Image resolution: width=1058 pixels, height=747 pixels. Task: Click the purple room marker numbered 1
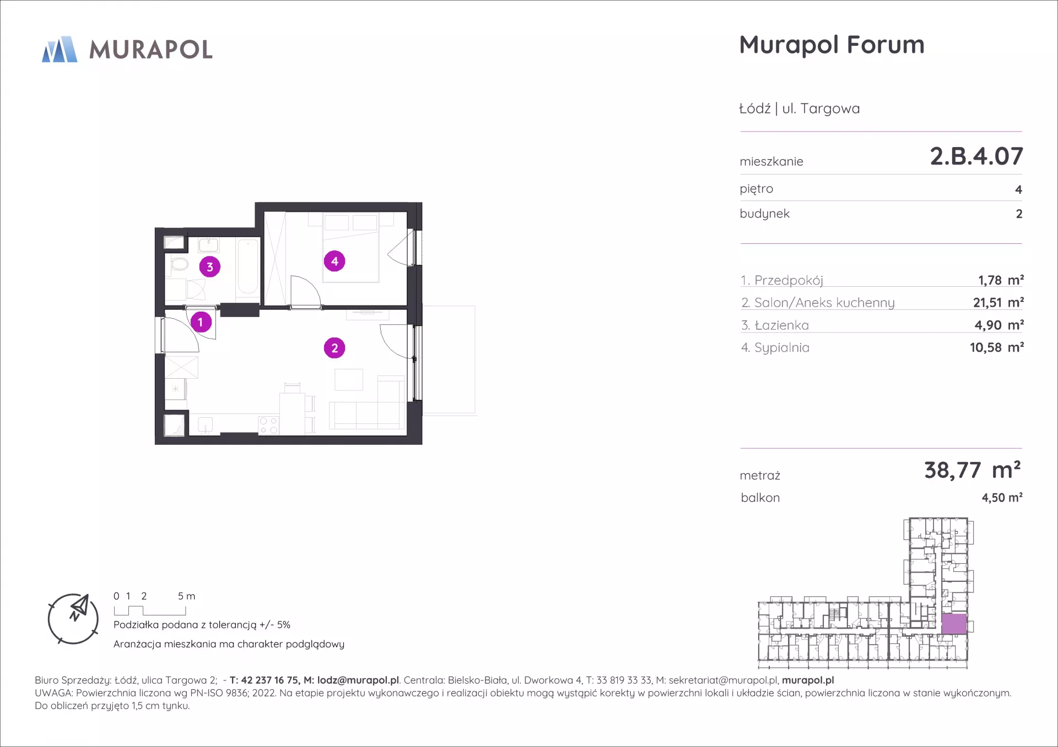click(201, 322)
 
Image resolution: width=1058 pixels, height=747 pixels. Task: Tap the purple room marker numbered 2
click(334, 348)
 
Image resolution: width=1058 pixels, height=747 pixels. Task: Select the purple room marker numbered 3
click(210, 267)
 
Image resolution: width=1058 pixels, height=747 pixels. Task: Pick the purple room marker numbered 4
click(334, 261)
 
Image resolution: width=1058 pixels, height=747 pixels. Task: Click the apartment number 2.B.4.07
click(976, 156)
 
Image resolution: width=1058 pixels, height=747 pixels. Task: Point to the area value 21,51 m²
click(998, 302)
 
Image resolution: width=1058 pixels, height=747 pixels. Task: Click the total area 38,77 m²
click(973, 470)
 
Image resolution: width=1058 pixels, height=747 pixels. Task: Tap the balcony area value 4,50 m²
click(1002, 498)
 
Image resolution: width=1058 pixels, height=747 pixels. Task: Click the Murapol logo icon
click(60, 50)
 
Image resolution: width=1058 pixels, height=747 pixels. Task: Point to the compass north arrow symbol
click(78, 608)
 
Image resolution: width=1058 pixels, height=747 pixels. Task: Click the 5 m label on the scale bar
click(186, 596)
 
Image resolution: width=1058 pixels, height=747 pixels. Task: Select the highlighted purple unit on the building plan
click(954, 624)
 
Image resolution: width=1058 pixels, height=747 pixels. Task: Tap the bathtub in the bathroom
click(247, 268)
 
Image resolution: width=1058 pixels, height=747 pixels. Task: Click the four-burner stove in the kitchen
click(268, 426)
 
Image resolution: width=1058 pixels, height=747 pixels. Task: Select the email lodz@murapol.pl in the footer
click(358, 680)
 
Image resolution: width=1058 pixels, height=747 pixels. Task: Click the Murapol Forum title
click(832, 45)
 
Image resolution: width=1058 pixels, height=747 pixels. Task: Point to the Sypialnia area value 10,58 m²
click(997, 347)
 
